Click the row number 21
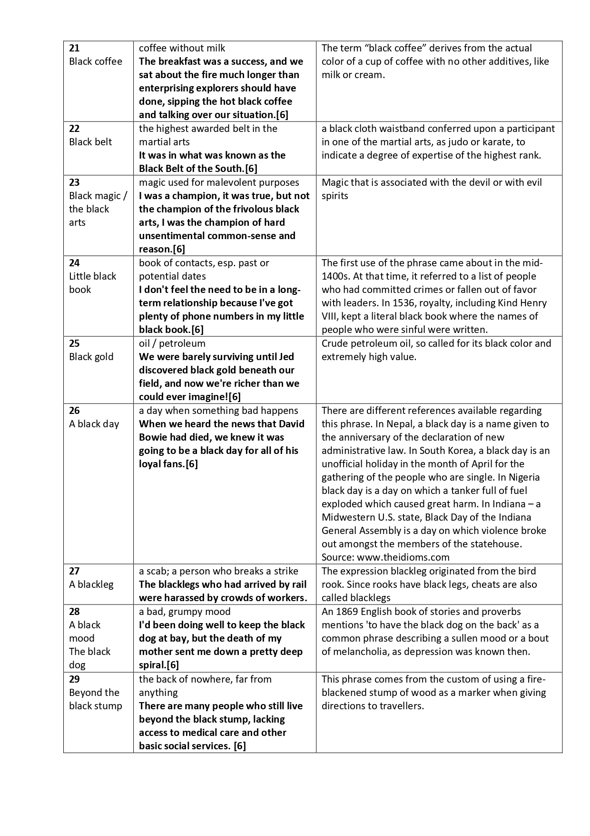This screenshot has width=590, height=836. coord(74,48)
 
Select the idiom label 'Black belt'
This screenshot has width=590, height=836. coord(90,142)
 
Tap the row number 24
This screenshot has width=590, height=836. coord(74,263)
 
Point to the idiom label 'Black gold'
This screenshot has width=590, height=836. coord(91,357)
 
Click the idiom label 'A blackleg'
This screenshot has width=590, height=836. coord(91,584)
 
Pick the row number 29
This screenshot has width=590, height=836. coord(74,679)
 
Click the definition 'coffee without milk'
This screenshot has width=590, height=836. coord(182,48)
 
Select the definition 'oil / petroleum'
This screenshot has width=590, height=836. coord(172,343)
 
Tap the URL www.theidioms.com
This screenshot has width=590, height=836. coord(403,557)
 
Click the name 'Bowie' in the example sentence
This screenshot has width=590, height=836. coord(154,437)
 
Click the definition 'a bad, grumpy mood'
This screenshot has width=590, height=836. coord(185,612)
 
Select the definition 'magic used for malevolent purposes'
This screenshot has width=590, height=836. coord(219,182)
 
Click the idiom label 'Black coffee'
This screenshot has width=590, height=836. coord(96,61)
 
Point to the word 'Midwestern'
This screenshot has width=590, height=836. coord(348,517)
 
